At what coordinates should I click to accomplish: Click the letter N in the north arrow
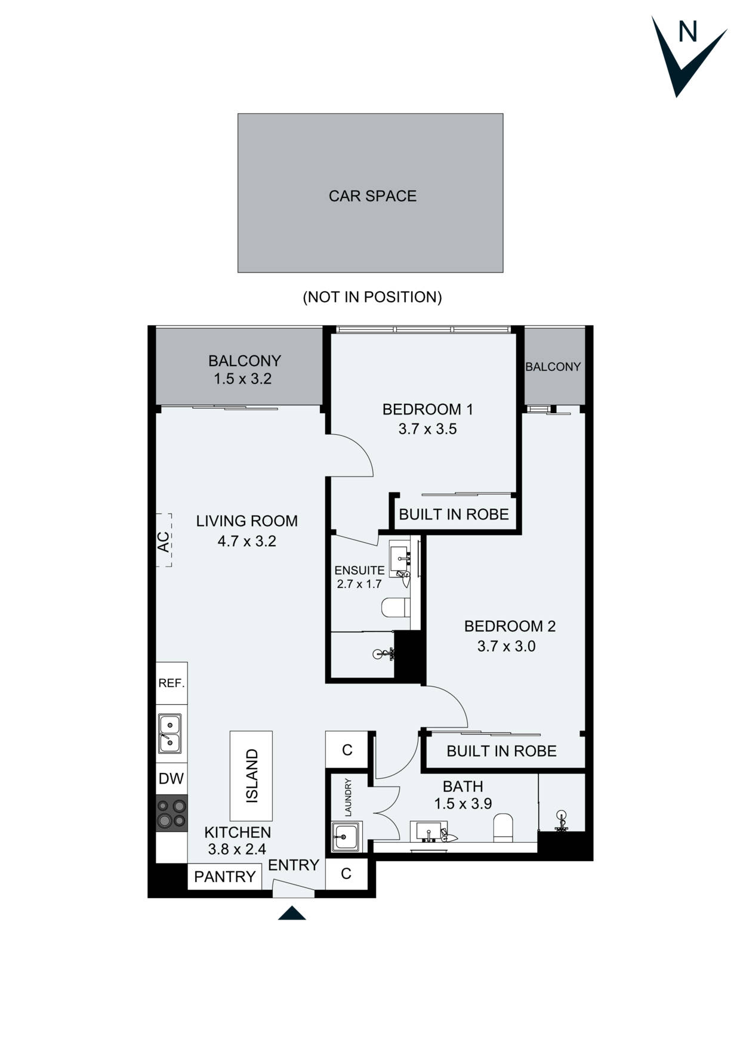pos(687,32)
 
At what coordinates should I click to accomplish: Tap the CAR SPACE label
pos(372,196)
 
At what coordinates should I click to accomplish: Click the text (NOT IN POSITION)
pos(372,297)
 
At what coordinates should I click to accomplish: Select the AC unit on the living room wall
pos(164,540)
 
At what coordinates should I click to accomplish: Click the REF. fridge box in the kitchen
pos(172,683)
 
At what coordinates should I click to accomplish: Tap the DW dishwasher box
pos(171,778)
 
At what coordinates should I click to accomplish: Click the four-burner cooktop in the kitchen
pos(171,813)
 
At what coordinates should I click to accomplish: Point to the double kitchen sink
pos(170,734)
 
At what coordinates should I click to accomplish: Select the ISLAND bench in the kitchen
pos(251,776)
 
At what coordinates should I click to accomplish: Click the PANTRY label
pos(225,877)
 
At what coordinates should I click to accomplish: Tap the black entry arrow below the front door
pos(292,913)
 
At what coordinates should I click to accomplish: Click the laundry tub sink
pos(346,837)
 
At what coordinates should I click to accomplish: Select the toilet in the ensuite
pos(394,608)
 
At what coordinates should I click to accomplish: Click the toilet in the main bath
pos(504,828)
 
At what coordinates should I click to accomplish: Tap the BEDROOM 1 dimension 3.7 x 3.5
pos(427,429)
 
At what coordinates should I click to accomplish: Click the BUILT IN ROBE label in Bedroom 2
pos(501,751)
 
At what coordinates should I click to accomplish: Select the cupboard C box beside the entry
pos(346,874)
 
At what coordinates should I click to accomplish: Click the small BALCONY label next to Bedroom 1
pos(553,367)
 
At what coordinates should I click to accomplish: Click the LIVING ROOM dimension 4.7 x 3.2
pos(246,541)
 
